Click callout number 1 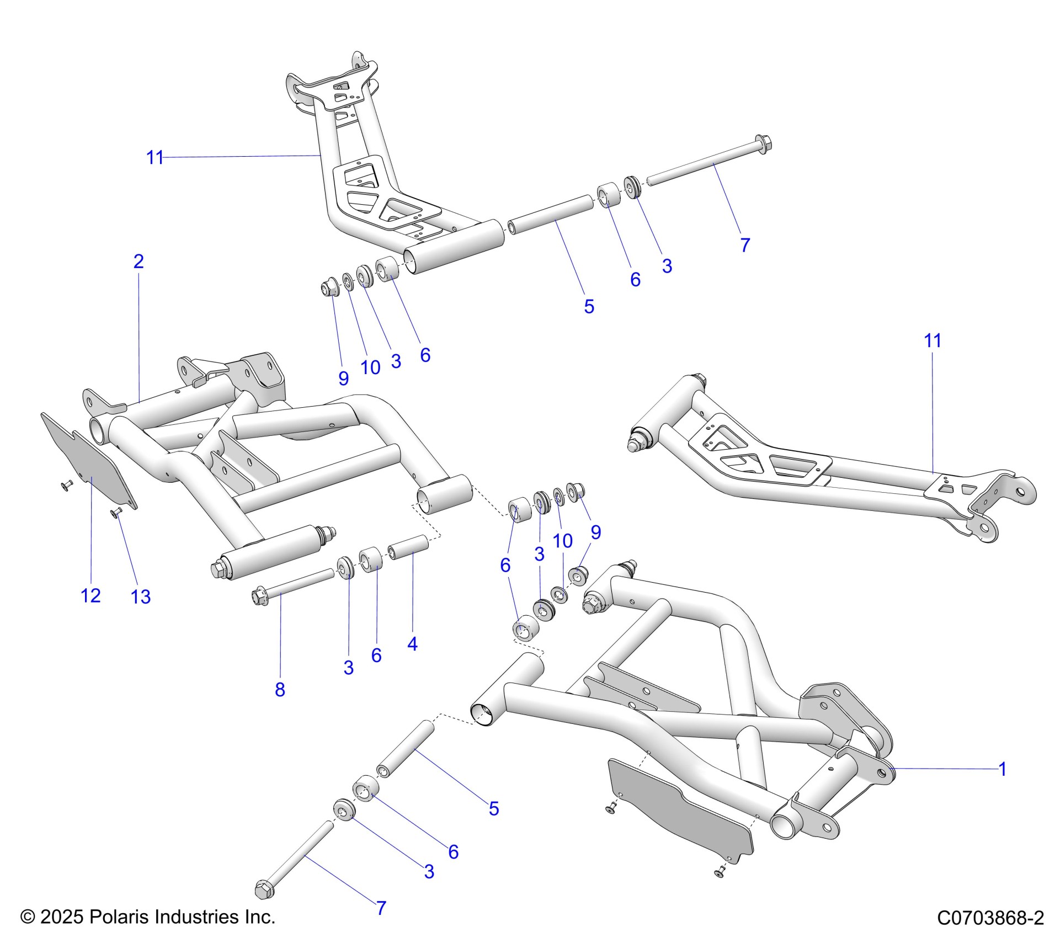click(x=1003, y=769)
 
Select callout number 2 click(x=138, y=261)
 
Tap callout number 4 click(x=412, y=643)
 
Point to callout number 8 click(x=280, y=689)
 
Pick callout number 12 click(x=90, y=595)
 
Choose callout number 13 click(x=141, y=596)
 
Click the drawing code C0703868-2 click(x=990, y=918)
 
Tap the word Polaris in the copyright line click(x=120, y=917)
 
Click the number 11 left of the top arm click(x=155, y=158)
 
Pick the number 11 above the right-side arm click(x=932, y=340)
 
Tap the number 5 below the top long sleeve click(x=589, y=306)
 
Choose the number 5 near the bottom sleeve click(x=493, y=808)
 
